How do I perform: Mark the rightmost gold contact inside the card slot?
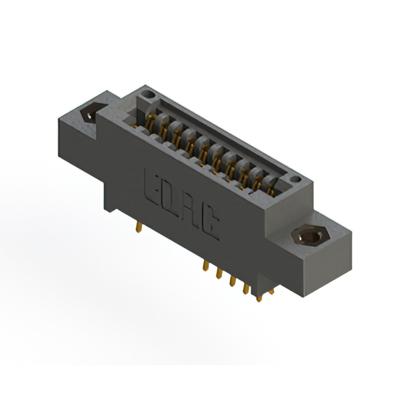(272, 186)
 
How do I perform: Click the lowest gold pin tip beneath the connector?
(259, 298)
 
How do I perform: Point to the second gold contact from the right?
(258, 177)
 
